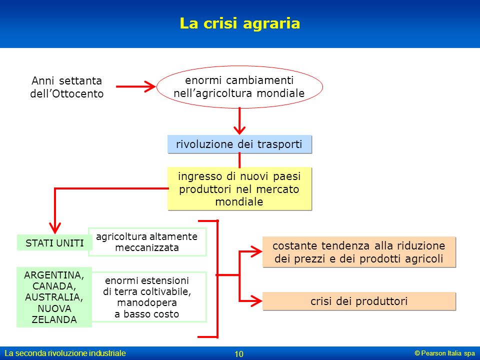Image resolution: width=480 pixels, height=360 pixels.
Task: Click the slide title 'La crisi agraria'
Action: click(239, 23)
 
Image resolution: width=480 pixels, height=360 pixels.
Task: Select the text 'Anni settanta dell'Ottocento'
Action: click(66, 87)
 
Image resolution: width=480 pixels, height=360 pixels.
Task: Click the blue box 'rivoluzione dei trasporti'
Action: click(239, 144)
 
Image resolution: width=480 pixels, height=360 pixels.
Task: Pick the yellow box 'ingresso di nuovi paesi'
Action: click(239, 188)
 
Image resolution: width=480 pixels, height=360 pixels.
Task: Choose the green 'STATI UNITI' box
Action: click(54, 243)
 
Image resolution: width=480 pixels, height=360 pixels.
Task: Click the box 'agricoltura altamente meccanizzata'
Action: click(147, 242)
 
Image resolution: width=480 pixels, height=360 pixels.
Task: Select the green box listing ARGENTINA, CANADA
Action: click(54, 297)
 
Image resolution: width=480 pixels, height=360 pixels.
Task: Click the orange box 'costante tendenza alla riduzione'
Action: click(359, 252)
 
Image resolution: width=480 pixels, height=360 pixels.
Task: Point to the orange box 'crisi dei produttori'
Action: click(359, 301)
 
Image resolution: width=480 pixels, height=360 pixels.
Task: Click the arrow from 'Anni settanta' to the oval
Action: click(135, 86)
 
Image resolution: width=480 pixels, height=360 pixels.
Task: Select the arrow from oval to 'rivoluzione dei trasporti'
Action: click(239, 121)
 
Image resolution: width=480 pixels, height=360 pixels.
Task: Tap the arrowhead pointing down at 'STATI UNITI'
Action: click(55, 228)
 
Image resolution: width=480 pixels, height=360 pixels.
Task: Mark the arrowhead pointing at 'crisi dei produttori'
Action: click(256, 301)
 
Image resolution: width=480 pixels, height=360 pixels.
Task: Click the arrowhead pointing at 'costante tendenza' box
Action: click(256, 251)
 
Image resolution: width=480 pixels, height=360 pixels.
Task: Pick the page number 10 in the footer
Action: click(239, 354)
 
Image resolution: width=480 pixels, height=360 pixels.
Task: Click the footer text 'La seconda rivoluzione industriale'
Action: click(65, 353)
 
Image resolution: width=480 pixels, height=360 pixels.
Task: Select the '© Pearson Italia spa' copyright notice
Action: click(445, 353)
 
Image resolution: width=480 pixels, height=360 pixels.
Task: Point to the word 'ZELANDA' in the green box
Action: click(54, 319)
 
